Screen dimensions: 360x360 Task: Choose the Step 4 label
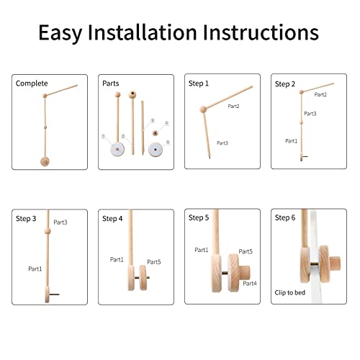click(x=112, y=218)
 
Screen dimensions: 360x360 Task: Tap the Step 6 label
click(x=286, y=217)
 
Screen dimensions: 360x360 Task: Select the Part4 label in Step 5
click(x=250, y=284)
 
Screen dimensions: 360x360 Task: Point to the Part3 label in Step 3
click(x=60, y=222)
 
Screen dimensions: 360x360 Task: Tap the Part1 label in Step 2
click(x=291, y=140)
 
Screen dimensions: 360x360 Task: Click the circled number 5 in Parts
click(x=168, y=142)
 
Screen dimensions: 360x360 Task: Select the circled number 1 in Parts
click(x=103, y=135)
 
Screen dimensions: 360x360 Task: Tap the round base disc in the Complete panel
click(x=47, y=162)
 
